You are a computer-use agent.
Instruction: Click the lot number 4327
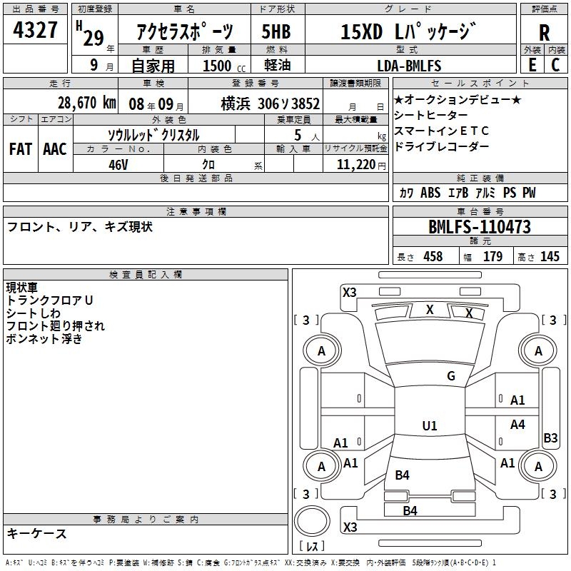pos(35,29)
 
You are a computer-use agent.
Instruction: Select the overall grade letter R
pos(544,33)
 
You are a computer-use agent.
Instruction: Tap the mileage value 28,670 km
pos(87,103)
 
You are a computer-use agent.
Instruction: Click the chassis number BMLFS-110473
pos(480,227)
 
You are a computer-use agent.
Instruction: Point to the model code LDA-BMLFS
pos(409,66)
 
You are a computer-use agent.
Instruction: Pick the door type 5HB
pos(276,31)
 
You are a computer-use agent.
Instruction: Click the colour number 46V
pos(118,165)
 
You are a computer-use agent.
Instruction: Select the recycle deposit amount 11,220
pos(356,165)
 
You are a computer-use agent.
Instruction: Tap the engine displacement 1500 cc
pos(223,66)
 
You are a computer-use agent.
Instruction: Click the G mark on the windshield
pos(451,376)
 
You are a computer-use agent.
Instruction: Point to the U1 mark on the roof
pos(430,425)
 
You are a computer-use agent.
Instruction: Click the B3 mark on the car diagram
pos(550,438)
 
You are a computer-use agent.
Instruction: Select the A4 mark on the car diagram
pos(517,424)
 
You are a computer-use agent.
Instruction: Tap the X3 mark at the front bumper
pos(350,293)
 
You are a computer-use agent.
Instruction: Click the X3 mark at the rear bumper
pos(350,527)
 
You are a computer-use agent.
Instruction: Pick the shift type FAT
pos(21,149)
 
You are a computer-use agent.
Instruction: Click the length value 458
pos(433,256)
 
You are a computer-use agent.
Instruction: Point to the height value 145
pos(550,256)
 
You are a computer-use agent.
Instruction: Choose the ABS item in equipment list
pos(430,193)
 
